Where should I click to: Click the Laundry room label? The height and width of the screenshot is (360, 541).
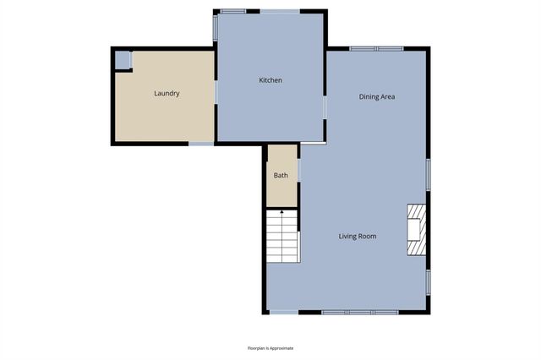167,94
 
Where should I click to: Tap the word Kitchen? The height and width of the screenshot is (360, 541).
270,80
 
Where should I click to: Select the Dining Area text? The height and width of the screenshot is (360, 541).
377,97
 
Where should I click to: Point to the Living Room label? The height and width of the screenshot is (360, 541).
358,237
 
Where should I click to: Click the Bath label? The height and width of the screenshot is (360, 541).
281,176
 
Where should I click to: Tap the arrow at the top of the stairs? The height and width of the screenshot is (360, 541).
282,214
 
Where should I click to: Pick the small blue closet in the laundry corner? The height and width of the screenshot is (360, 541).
123,60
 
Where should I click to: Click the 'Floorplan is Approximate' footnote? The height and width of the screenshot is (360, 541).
270,348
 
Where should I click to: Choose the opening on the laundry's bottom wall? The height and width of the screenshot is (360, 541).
201,144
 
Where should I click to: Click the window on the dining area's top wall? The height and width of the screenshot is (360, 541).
377,48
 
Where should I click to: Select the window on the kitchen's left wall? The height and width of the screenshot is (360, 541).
216,28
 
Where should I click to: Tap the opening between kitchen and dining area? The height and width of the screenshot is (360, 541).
325,107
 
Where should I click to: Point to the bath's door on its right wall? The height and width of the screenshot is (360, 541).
298,169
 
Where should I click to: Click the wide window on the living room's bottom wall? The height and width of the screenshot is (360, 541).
360,312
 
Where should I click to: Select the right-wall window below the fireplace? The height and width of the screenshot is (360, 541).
429,281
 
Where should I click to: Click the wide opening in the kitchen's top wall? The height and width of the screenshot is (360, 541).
279,11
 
